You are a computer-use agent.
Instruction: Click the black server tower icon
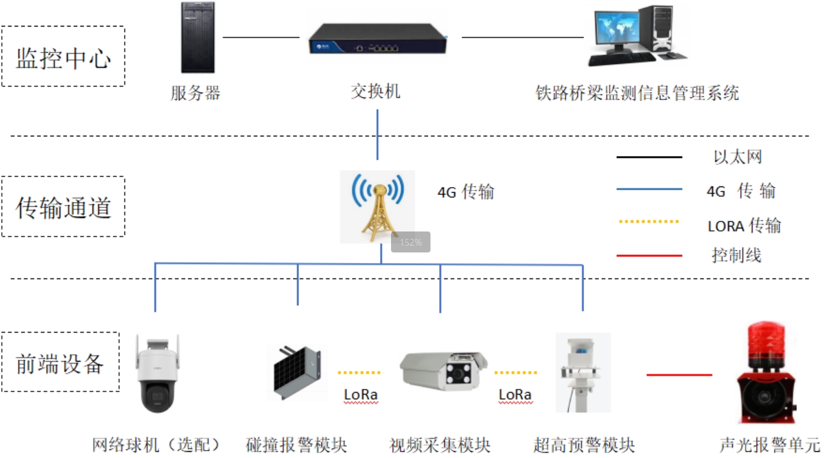tap(198, 38)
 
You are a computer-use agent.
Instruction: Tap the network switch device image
tap(378, 40)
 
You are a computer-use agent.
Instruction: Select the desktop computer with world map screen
tap(638, 36)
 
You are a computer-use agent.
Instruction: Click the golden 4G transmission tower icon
tap(378, 207)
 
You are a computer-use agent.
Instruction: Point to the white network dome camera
tap(157, 373)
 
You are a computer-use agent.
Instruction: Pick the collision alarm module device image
tap(297, 372)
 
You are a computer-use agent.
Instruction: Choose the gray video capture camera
tap(443, 370)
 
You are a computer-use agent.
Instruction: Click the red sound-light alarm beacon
tap(767, 373)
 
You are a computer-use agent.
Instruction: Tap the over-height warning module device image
tap(583, 373)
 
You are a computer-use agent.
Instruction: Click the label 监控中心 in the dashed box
tap(64, 58)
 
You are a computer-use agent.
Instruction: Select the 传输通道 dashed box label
tap(64, 207)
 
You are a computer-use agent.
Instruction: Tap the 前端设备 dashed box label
tap(60, 364)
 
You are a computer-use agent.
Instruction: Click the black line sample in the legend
tap(649, 157)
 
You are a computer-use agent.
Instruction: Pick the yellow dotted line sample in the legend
tap(649, 222)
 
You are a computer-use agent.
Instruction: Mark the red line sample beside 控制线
tap(649, 256)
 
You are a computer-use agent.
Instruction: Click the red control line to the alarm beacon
tap(680, 375)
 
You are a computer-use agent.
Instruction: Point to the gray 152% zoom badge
tap(411, 242)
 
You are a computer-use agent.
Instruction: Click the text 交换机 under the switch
tap(376, 92)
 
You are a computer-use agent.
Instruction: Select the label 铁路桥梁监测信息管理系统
tap(637, 93)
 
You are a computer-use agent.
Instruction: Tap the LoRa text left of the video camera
tap(360, 394)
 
